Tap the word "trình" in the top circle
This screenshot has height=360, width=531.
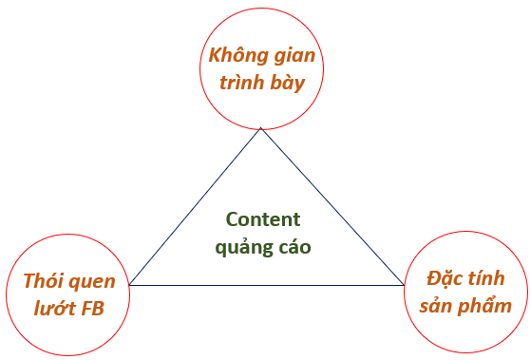(x=241, y=82)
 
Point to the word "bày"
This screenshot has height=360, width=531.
(x=288, y=83)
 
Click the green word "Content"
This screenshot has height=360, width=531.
(x=263, y=219)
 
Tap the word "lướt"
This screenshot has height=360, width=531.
(x=54, y=308)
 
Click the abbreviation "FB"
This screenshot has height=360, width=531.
(x=92, y=309)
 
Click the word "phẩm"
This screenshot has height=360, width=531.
(x=484, y=307)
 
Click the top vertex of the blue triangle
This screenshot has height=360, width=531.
(x=261, y=127)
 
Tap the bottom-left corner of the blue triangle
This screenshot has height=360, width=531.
(x=129, y=285)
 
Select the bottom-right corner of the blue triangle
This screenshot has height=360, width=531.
(x=404, y=285)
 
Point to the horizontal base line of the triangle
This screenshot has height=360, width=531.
(x=267, y=285)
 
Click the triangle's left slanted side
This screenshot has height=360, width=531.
(x=195, y=206)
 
